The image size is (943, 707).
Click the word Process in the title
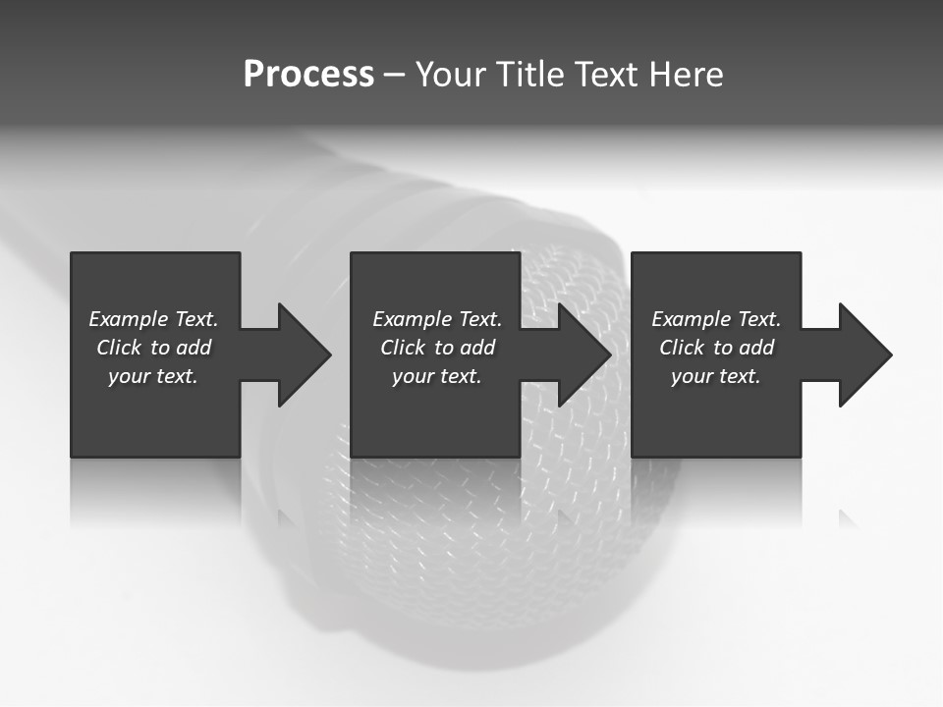[x=308, y=75]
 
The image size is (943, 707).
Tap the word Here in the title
[x=687, y=75]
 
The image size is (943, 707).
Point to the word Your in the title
[x=451, y=75]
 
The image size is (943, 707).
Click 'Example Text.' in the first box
[x=153, y=319]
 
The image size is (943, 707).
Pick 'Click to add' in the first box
[x=153, y=348]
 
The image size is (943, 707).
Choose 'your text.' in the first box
[x=153, y=376]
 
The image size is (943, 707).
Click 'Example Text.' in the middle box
[x=437, y=319]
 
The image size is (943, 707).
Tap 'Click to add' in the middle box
[x=437, y=348]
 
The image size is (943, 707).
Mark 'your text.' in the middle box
[x=437, y=376]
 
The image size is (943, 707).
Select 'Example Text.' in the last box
[x=716, y=319]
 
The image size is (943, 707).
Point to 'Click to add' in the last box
[x=716, y=348]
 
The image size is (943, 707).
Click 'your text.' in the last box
[x=716, y=376]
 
